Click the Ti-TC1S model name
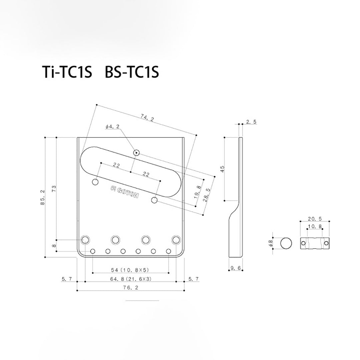[x=67, y=73]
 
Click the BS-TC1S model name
[x=132, y=73]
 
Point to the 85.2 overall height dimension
[x=42, y=197]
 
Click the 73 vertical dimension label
[x=54, y=189]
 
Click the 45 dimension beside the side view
[x=222, y=169]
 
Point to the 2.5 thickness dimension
[x=251, y=122]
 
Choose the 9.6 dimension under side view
[x=236, y=268]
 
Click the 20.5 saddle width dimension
[x=315, y=219]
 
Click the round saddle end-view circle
[x=286, y=244]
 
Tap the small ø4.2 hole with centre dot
[x=136, y=153]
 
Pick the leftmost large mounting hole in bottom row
[x=85, y=239]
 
